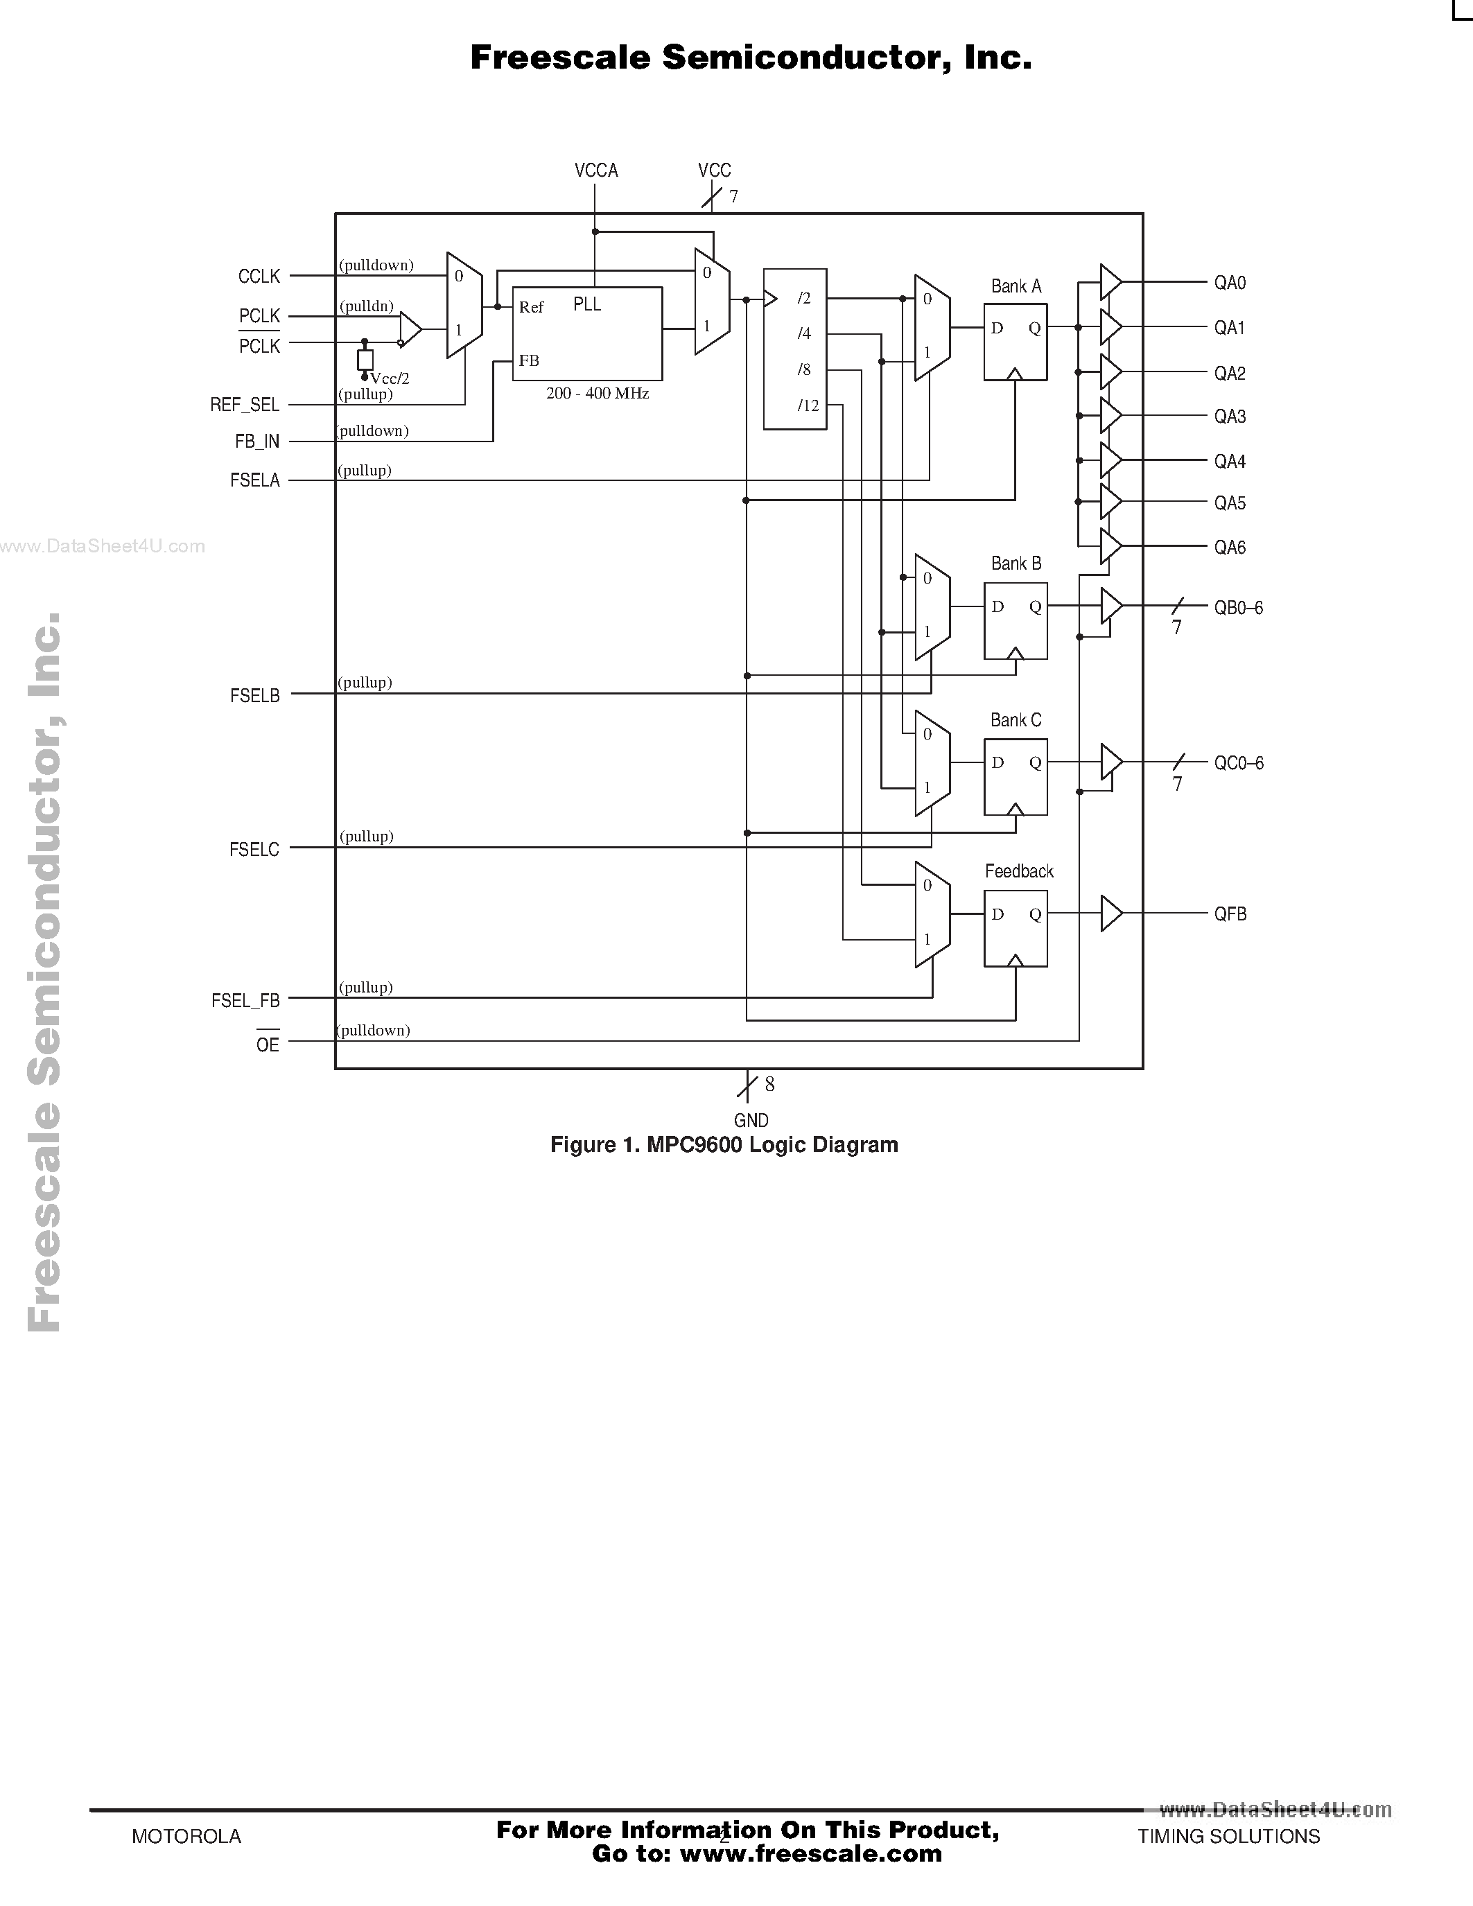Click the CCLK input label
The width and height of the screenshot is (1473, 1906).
coord(259,277)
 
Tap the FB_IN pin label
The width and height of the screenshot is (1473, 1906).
coord(256,441)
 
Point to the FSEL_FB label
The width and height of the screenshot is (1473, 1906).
coord(245,1001)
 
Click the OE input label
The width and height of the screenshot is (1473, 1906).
coord(267,1044)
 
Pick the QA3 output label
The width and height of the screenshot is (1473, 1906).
coord(1230,417)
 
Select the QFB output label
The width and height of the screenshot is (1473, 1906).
coord(1230,913)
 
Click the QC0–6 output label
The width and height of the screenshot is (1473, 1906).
coord(1238,763)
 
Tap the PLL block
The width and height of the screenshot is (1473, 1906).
coord(586,333)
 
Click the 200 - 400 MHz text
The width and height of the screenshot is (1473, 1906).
coord(597,394)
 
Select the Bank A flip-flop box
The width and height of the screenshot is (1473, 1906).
coord(1015,342)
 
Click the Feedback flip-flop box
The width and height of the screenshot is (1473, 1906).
coord(1015,929)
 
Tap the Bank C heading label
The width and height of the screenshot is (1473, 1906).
coord(1015,720)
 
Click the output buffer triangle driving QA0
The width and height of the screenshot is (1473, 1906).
coord(1109,282)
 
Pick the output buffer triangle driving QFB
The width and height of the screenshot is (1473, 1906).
coord(1109,913)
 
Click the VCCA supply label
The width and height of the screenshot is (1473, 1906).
coord(596,171)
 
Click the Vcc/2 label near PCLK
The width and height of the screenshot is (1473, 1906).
coord(390,378)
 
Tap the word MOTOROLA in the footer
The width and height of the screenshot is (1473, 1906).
coord(186,1836)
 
